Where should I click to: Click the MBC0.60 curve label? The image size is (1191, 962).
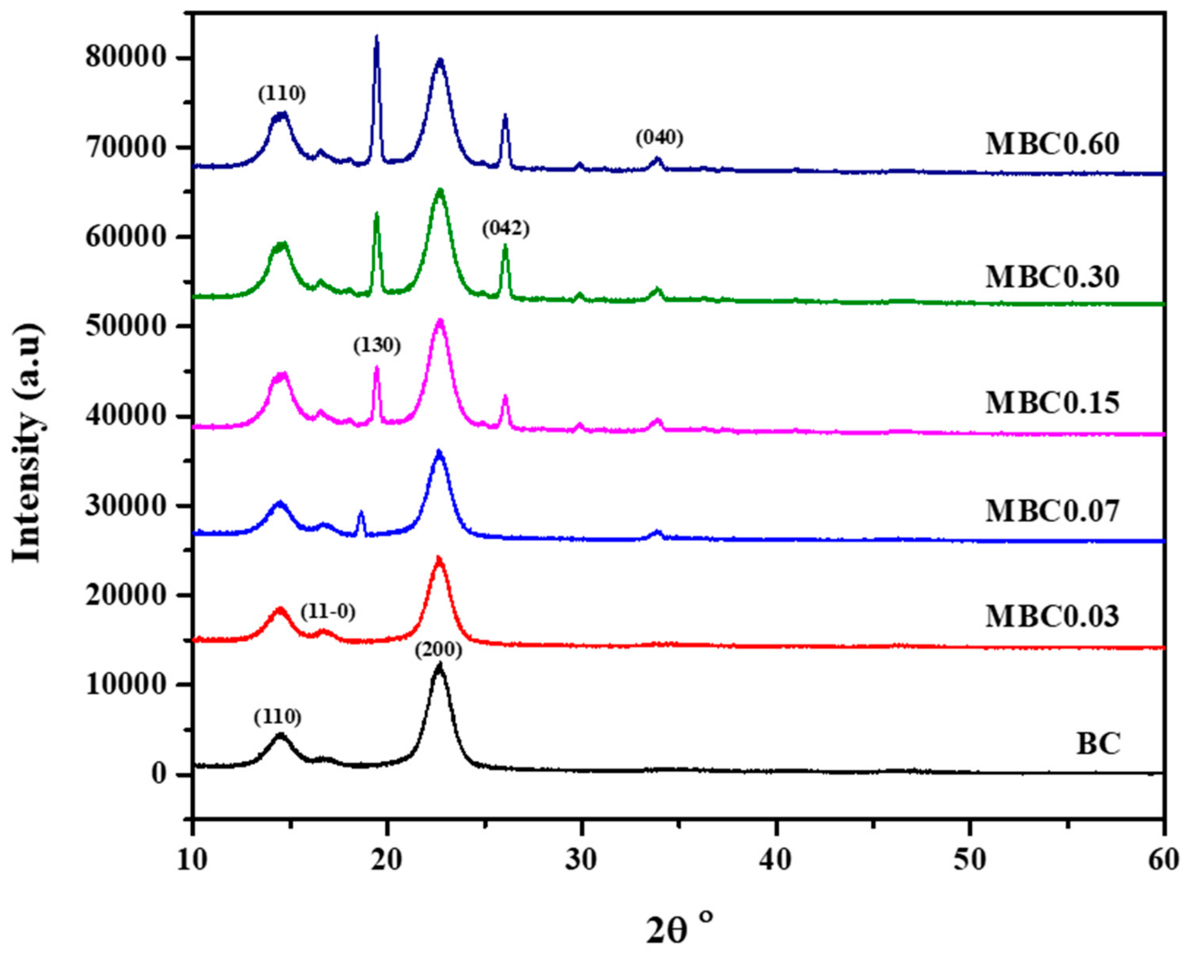click(1052, 145)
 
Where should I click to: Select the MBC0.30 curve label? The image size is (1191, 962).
click(1052, 276)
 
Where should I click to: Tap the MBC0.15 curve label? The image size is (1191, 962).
click(1052, 403)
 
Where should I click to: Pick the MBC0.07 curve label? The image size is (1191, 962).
click(1052, 511)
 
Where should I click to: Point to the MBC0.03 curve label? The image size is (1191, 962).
click(1052, 616)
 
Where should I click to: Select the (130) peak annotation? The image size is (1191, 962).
click(377, 346)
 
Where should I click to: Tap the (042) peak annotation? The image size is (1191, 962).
click(506, 228)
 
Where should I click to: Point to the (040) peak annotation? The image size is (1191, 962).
click(659, 138)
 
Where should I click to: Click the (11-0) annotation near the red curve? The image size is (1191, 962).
click(328, 612)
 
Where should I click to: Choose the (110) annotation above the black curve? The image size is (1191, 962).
click(278, 717)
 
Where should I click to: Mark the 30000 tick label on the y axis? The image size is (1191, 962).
click(126, 506)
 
